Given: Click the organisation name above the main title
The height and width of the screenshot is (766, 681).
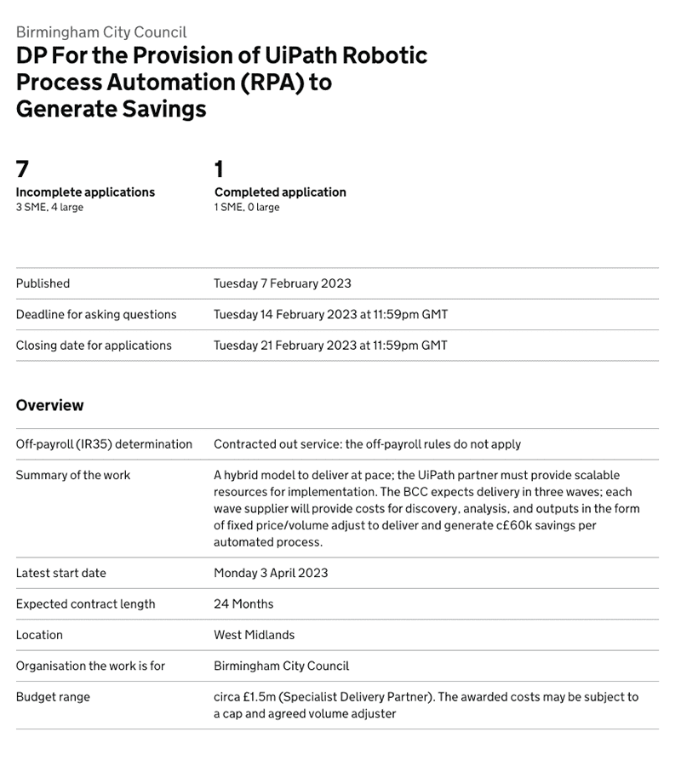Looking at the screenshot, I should pyautogui.click(x=100, y=32).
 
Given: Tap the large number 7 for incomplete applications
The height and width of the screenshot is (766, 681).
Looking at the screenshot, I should pyautogui.click(x=22, y=169).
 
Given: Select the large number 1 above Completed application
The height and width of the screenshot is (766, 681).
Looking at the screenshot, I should pyautogui.click(x=220, y=169).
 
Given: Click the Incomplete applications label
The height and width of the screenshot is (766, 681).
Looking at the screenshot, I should pyautogui.click(x=85, y=192).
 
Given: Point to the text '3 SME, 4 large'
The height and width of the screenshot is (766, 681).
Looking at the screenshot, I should pyautogui.click(x=49, y=208).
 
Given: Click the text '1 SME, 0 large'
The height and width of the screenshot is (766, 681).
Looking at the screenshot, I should pyautogui.click(x=247, y=208).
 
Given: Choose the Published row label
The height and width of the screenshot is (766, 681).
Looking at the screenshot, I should pyautogui.click(x=43, y=283).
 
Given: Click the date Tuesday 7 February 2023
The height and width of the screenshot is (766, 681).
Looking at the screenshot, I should pyautogui.click(x=282, y=283).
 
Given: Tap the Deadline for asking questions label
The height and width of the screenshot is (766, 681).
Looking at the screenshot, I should pyautogui.click(x=96, y=315).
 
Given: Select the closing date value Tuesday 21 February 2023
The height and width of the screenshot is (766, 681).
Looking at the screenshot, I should pyautogui.click(x=330, y=346).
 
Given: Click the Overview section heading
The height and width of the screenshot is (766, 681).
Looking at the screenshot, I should pyautogui.click(x=49, y=405).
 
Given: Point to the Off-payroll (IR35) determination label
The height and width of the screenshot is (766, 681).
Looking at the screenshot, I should pyautogui.click(x=104, y=444).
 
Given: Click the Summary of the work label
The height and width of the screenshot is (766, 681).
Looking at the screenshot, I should pyautogui.click(x=73, y=475).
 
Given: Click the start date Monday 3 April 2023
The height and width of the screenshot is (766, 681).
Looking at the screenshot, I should pyautogui.click(x=271, y=573).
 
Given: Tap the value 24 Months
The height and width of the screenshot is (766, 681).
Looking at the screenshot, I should pyautogui.click(x=243, y=604).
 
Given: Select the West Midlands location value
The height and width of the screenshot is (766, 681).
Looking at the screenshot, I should pyautogui.click(x=254, y=635).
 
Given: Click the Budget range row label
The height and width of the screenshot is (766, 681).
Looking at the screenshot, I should pyautogui.click(x=53, y=697).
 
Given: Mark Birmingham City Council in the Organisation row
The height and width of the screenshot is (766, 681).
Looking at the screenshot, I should pyautogui.click(x=281, y=666).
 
